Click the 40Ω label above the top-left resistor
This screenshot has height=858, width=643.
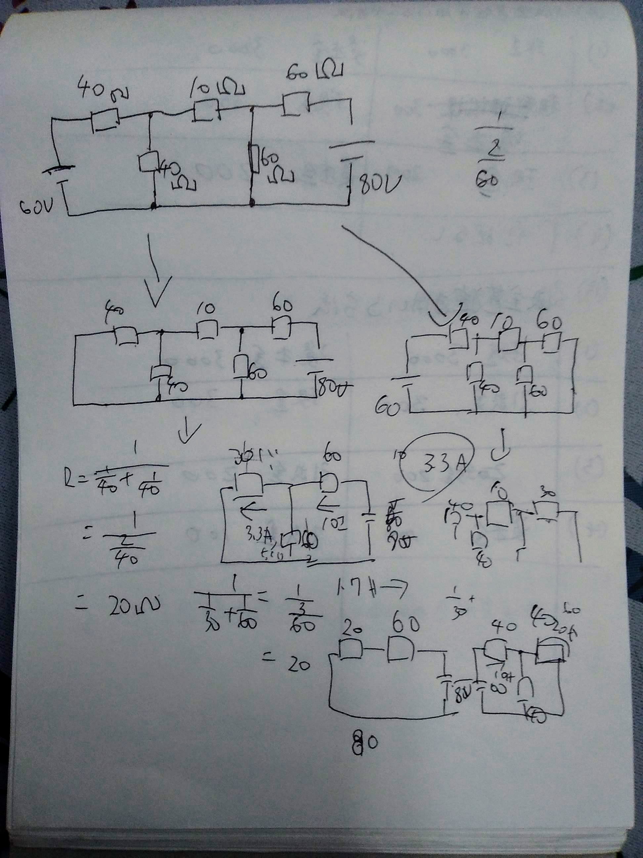(104, 90)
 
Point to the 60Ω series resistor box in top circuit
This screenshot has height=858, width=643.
(296, 104)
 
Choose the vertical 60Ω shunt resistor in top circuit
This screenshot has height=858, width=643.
(255, 159)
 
